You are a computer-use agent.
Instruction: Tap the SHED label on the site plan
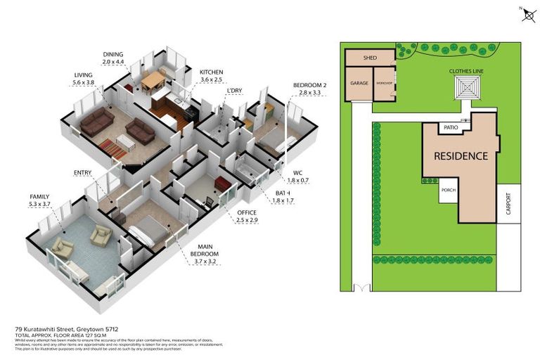[370, 58]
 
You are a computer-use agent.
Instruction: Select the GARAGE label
[359, 83]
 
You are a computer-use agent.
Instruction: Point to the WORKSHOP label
[384, 84]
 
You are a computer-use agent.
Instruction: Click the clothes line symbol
[465, 89]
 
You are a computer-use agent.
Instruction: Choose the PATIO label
[450, 129]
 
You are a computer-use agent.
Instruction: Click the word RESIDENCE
[460, 155]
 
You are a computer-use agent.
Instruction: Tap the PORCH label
[449, 191]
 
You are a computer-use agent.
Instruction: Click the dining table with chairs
[153, 81]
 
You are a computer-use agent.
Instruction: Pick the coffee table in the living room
[127, 142]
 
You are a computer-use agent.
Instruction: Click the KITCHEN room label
[211, 72]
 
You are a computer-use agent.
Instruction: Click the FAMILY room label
[39, 196]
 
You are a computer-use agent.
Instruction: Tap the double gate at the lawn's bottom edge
[362, 288]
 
